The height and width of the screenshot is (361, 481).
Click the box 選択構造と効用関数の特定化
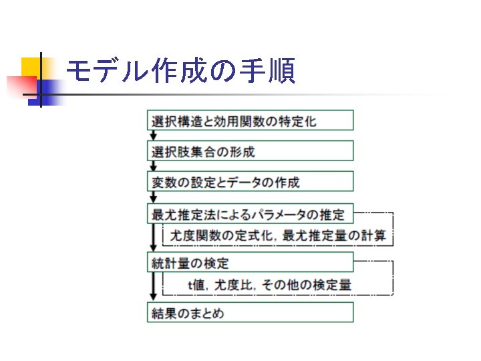[250, 121]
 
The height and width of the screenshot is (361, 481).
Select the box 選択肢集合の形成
[250, 151]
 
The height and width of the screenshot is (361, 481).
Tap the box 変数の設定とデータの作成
[250, 182]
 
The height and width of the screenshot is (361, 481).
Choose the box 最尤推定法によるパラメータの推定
[250, 215]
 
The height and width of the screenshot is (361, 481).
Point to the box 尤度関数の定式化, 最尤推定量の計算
[277, 235]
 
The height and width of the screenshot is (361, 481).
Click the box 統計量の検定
[250, 262]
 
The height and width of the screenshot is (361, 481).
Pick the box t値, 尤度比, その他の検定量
[277, 285]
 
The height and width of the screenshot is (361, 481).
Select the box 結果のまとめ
[250, 313]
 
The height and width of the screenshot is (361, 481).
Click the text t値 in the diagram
[197, 285]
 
